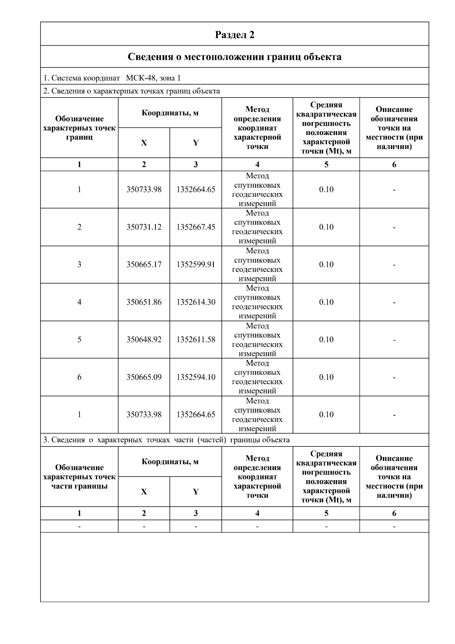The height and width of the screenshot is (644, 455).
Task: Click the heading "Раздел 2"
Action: click(x=235, y=35)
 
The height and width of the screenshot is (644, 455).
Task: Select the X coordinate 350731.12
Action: click(x=144, y=227)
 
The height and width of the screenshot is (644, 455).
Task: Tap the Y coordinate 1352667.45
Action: click(x=196, y=227)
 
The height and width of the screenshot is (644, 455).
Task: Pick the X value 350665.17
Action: click(x=144, y=265)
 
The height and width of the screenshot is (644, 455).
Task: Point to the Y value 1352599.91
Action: click(x=196, y=265)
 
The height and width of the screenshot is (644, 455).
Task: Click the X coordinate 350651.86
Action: click(x=144, y=302)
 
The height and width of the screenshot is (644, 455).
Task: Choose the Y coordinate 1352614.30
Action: click(x=196, y=302)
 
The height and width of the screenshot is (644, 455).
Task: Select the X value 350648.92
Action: click(x=144, y=340)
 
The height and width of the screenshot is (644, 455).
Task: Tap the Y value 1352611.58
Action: click(x=196, y=340)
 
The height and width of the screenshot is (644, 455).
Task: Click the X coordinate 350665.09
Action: click(x=144, y=377)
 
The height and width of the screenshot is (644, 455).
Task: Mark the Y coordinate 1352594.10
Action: click(x=196, y=377)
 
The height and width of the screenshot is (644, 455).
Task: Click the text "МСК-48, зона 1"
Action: click(x=153, y=78)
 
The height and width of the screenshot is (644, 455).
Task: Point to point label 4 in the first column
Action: click(x=79, y=302)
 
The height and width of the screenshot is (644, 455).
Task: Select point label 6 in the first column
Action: click(x=79, y=377)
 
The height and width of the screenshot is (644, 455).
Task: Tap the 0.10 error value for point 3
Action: click(x=326, y=265)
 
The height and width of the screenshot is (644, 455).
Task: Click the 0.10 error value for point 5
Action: click(x=326, y=340)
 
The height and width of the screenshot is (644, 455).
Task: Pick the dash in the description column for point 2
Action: click(x=394, y=228)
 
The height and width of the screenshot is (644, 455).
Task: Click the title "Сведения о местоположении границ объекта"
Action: click(x=235, y=57)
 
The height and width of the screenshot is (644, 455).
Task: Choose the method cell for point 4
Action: click(x=257, y=302)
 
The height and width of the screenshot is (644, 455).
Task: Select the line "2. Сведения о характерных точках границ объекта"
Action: click(x=132, y=91)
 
